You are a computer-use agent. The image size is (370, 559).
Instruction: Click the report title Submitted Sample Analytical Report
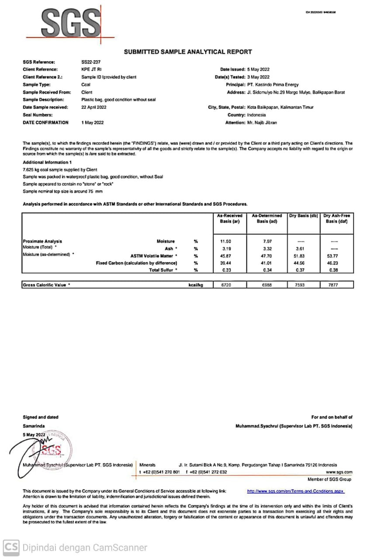188,52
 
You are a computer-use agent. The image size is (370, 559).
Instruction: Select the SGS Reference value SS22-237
90,62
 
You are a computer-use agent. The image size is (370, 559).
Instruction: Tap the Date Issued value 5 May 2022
258,69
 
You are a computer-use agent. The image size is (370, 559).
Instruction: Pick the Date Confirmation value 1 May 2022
93,123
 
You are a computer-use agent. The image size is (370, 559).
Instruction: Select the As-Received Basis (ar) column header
229,218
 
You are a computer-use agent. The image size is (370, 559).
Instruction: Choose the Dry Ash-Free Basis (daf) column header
337,218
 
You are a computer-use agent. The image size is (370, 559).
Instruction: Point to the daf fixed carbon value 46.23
335,263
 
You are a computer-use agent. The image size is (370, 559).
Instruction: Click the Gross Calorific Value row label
46,285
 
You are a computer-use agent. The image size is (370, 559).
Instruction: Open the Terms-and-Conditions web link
296,491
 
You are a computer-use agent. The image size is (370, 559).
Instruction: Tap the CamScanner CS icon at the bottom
11,547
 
